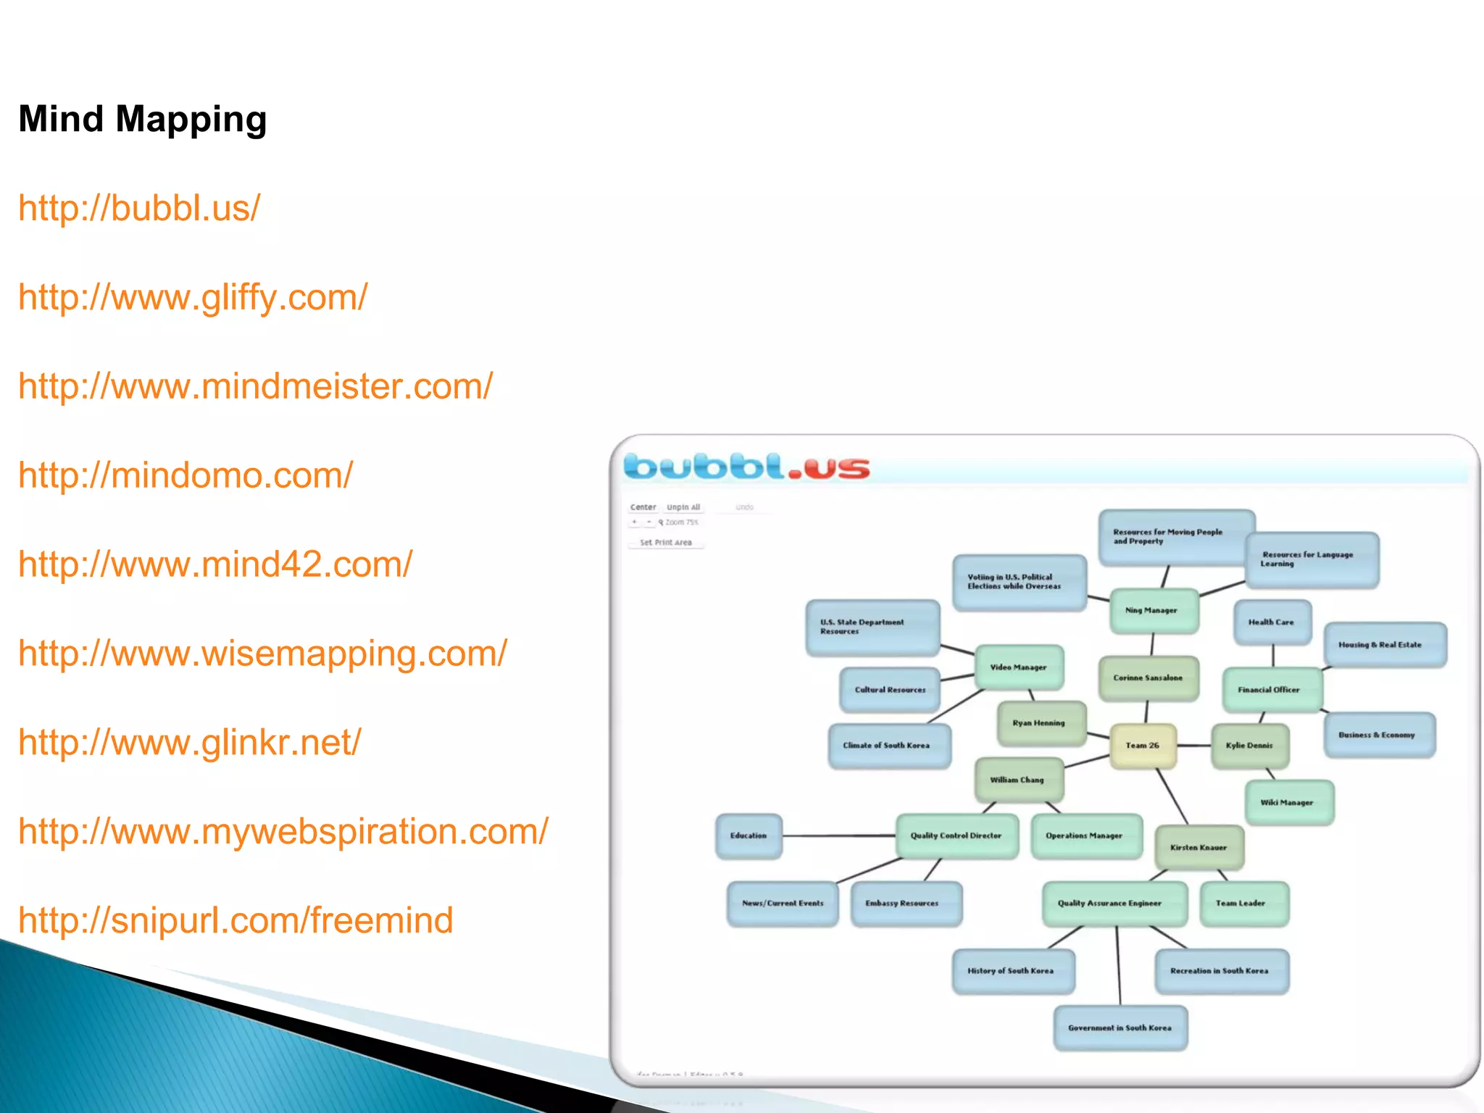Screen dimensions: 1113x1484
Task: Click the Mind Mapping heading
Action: (143, 120)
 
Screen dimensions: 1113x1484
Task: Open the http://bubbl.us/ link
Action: (139, 209)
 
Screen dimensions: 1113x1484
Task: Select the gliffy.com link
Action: (193, 298)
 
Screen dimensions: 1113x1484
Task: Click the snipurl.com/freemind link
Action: (235, 921)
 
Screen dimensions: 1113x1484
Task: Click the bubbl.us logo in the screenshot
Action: (746, 467)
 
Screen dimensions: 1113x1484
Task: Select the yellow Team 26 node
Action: (1143, 746)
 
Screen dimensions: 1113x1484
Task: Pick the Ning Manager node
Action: (1152, 611)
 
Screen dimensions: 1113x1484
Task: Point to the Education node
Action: (749, 836)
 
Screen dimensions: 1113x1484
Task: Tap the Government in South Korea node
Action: (1120, 1028)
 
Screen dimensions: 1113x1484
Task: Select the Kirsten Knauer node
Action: (1199, 848)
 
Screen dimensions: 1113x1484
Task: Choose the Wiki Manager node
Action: (1288, 803)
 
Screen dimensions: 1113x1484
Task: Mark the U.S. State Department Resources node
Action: (872, 628)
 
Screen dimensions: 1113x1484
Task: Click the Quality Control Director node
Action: (956, 836)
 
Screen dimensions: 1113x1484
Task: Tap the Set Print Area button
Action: (666, 543)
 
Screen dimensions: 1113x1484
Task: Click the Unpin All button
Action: (683, 508)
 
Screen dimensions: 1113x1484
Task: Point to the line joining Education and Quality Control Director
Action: (839, 836)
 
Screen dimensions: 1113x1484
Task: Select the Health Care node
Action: (1272, 622)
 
